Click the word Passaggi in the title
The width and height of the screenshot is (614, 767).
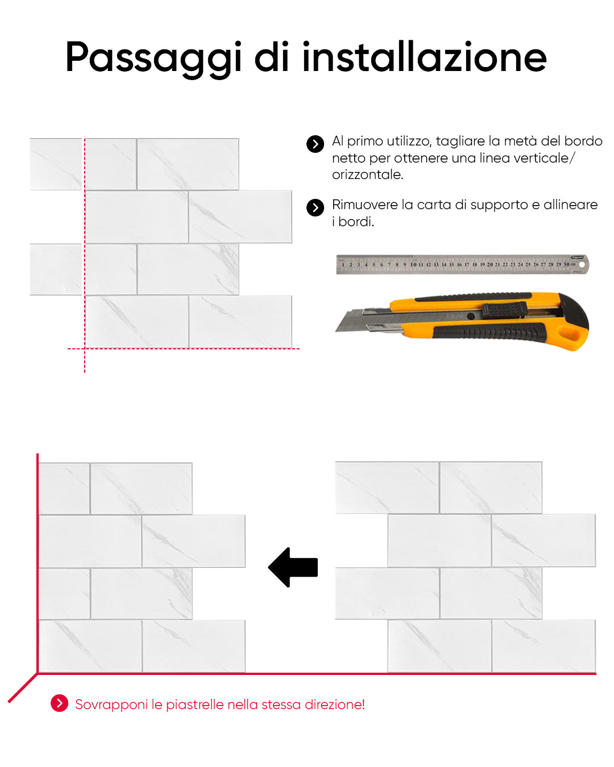(x=153, y=59)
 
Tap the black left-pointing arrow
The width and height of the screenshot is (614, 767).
(x=293, y=567)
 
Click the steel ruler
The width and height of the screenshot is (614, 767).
(x=462, y=264)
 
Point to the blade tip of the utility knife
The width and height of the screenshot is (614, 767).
(x=336, y=331)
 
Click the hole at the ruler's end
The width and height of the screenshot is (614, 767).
(x=582, y=265)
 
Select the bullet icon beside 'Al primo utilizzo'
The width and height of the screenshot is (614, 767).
(x=315, y=144)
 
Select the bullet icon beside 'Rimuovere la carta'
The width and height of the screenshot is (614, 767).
(x=315, y=207)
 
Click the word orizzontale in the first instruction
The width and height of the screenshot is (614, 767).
(x=367, y=174)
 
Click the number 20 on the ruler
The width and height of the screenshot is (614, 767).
(x=490, y=264)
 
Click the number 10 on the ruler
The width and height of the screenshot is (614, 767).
(x=413, y=264)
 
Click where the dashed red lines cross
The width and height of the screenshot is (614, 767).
(x=85, y=349)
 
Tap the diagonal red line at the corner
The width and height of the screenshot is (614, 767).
(x=23, y=688)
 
